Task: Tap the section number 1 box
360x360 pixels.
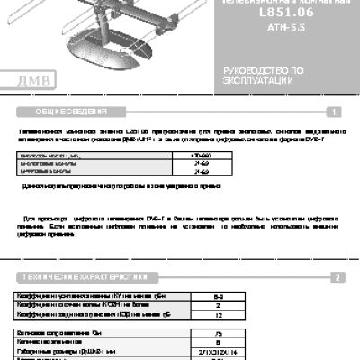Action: point(333,112)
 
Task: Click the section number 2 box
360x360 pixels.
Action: point(334,277)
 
